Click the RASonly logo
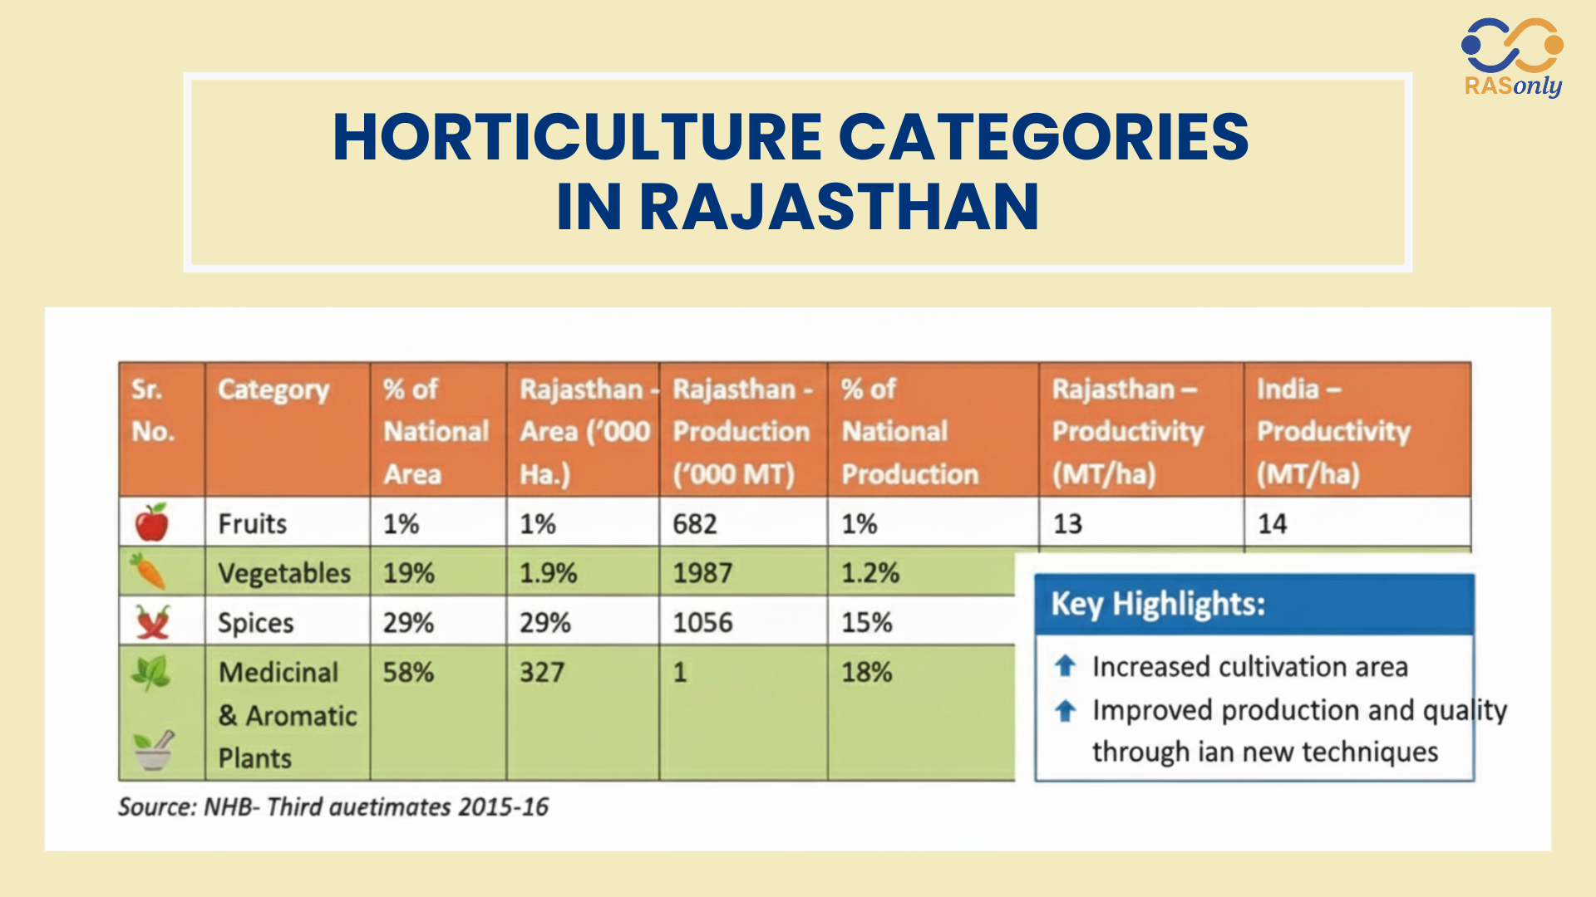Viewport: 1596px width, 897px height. click(1513, 58)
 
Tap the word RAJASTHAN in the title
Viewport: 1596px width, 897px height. click(840, 207)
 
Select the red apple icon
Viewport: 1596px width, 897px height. click(151, 522)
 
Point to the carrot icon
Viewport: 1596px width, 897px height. click(148, 571)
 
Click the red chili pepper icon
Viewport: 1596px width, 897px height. click(153, 621)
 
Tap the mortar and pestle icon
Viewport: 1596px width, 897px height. click(155, 749)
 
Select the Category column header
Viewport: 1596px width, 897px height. click(273, 390)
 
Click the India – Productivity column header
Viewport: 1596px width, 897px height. click(1333, 431)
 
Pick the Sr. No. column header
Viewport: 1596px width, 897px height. click(153, 410)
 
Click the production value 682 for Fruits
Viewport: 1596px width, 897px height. click(695, 524)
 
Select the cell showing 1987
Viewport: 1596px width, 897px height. click(702, 573)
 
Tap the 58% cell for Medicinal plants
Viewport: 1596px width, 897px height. click(408, 672)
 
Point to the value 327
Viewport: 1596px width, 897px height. click(542, 672)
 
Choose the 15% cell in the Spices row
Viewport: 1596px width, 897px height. click(867, 623)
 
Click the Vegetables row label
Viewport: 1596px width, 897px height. click(284, 573)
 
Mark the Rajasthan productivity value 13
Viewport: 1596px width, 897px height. click(1067, 524)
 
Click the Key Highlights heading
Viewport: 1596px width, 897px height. click(1158, 604)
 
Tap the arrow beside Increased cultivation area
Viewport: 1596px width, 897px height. click(1066, 665)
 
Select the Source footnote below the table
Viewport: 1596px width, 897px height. click(333, 806)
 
